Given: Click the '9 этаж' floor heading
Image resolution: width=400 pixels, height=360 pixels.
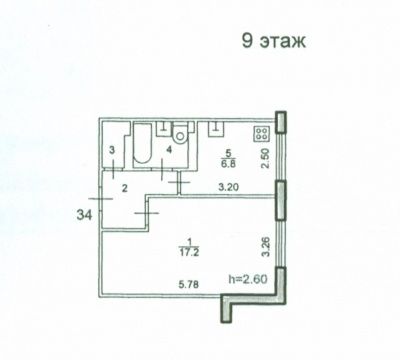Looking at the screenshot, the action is point(274,42).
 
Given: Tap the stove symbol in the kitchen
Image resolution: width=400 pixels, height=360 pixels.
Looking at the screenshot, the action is point(262,134).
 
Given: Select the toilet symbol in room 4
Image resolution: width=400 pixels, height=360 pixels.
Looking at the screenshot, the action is point(180,133).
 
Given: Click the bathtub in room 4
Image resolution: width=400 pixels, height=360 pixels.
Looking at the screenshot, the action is point(142,143).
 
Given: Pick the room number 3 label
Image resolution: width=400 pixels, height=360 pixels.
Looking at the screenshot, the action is point(112,150).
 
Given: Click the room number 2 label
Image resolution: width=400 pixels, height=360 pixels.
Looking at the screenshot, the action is point(124,189).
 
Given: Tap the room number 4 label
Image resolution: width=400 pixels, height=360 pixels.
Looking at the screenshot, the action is point(169,150).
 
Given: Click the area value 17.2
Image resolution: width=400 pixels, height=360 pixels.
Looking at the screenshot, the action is point(189,253).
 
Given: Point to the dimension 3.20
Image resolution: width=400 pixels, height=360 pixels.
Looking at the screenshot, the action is point(228,187).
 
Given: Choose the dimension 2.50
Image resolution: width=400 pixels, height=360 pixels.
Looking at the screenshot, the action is point(265,159).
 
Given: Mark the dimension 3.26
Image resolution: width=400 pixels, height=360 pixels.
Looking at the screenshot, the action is point(266,246).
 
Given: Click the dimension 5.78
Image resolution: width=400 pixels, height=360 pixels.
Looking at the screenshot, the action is point(189,285).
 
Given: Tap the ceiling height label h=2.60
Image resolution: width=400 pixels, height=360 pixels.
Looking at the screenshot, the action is point(248,279).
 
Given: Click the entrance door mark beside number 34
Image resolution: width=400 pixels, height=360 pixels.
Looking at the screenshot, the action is point(101,199).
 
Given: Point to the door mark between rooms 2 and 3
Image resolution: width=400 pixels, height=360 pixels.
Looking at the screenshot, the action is point(113,170).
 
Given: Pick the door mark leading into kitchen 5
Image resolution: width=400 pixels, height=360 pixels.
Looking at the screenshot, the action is point(179,182).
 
